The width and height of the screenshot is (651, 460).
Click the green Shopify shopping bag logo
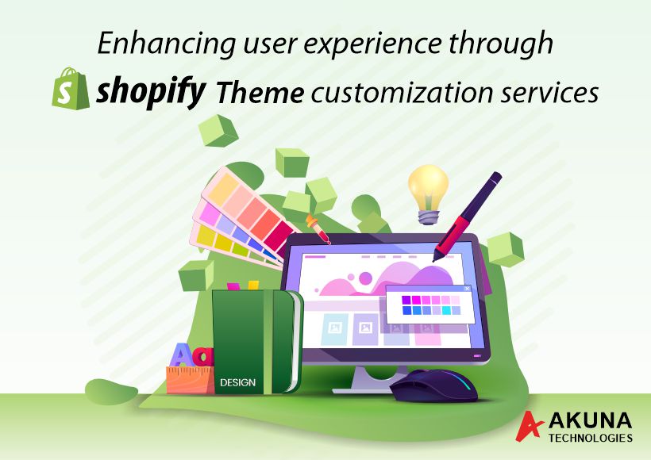(x=71, y=88)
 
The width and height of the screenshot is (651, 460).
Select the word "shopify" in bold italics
(x=151, y=91)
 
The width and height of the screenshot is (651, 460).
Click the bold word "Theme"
(x=260, y=93)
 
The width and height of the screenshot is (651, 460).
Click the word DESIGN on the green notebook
(x=238, y=382)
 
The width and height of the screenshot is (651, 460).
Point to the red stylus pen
(x=467, y=217)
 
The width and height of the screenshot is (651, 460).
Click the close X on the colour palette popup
(x=467, y=288)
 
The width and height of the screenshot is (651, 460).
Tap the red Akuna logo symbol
(x=529, y=426)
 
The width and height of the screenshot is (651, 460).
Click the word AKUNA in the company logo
(x=590, y=422)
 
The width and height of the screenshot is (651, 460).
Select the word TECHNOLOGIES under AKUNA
(x=591, y=438)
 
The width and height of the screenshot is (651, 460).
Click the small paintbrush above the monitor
(x=318, y=228)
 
